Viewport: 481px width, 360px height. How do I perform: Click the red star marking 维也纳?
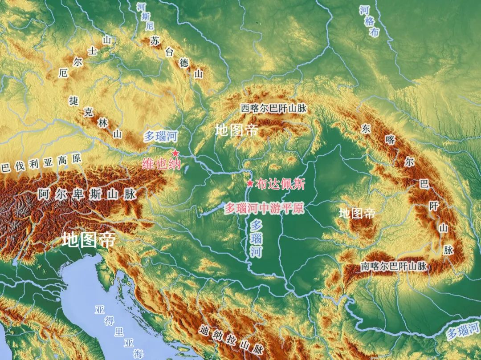(175, 153)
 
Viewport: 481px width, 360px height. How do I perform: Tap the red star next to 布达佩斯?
(250, 183)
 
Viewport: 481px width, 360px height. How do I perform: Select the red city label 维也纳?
(161, 164)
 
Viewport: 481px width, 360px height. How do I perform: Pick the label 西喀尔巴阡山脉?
(273, 108)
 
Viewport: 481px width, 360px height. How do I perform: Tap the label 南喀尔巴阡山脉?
(394, 266)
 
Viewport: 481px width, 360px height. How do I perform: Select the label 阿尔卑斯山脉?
(87, 194)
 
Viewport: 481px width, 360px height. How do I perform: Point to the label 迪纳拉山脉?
(232, 340)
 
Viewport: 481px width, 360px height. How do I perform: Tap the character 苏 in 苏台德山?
(155, 41)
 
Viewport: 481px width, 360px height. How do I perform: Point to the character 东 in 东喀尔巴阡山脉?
(366, 129)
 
